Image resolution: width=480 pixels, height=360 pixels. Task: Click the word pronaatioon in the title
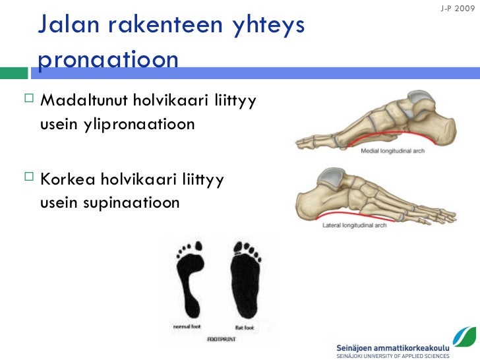point(109,59)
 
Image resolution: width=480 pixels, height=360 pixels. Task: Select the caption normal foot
point(189,326)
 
